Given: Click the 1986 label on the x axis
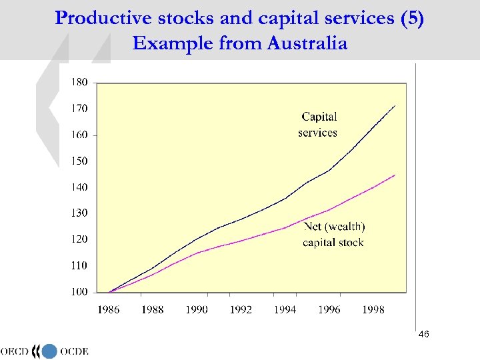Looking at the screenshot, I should click(109, 309).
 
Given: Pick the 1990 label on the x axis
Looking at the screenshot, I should click(197, 309).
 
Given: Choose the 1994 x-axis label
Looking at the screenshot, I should click(285, 309).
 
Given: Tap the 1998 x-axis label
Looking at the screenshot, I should click(373, 309).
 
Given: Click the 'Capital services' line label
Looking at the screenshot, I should click(318, 125).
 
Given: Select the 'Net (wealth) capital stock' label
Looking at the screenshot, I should click(333, 235).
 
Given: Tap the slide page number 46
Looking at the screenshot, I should click(424, 334).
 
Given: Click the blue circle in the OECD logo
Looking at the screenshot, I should click(50, 351).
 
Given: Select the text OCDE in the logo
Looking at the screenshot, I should click(73, 351).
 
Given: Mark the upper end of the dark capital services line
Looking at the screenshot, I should click(395, 105).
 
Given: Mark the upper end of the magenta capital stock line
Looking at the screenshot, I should click(395, 175).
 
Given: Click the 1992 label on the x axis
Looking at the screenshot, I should click(241, 309).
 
